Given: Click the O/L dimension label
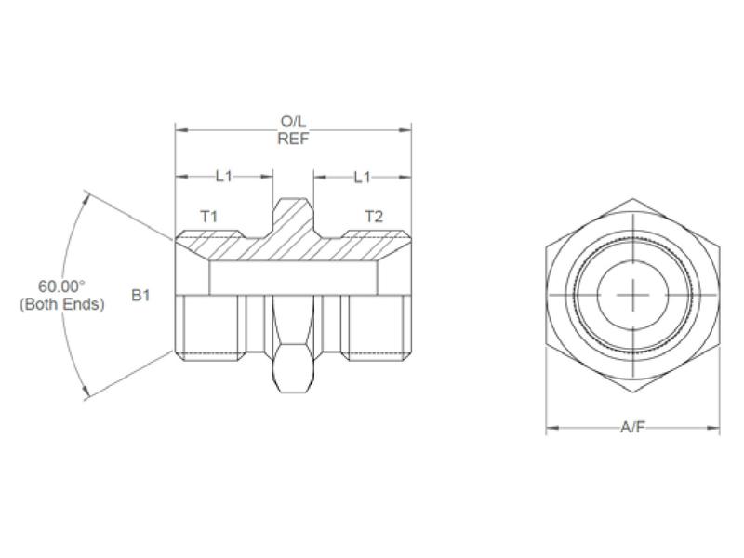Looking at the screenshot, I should [x=293, y=122].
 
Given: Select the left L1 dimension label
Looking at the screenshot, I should [x=224, y=176].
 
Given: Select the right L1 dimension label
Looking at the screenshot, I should [x=363, y=176].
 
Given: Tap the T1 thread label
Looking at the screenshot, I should [x=209, y=216].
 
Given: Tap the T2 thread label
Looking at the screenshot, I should [x=373, y=216].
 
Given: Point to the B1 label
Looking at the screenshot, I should [x=140, y=295].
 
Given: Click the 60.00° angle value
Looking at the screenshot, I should [x=61, y=286].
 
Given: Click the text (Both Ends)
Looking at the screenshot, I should [x=61, y=304].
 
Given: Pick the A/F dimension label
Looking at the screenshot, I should [x=632, y=428].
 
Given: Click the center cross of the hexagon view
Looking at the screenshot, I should [x=632, y=296].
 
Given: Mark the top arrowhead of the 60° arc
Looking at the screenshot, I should [x=86, y=195].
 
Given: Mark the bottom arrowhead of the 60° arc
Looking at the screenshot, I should [x=86, y=395].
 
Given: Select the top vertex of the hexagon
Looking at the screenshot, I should [x=632, y=198].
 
